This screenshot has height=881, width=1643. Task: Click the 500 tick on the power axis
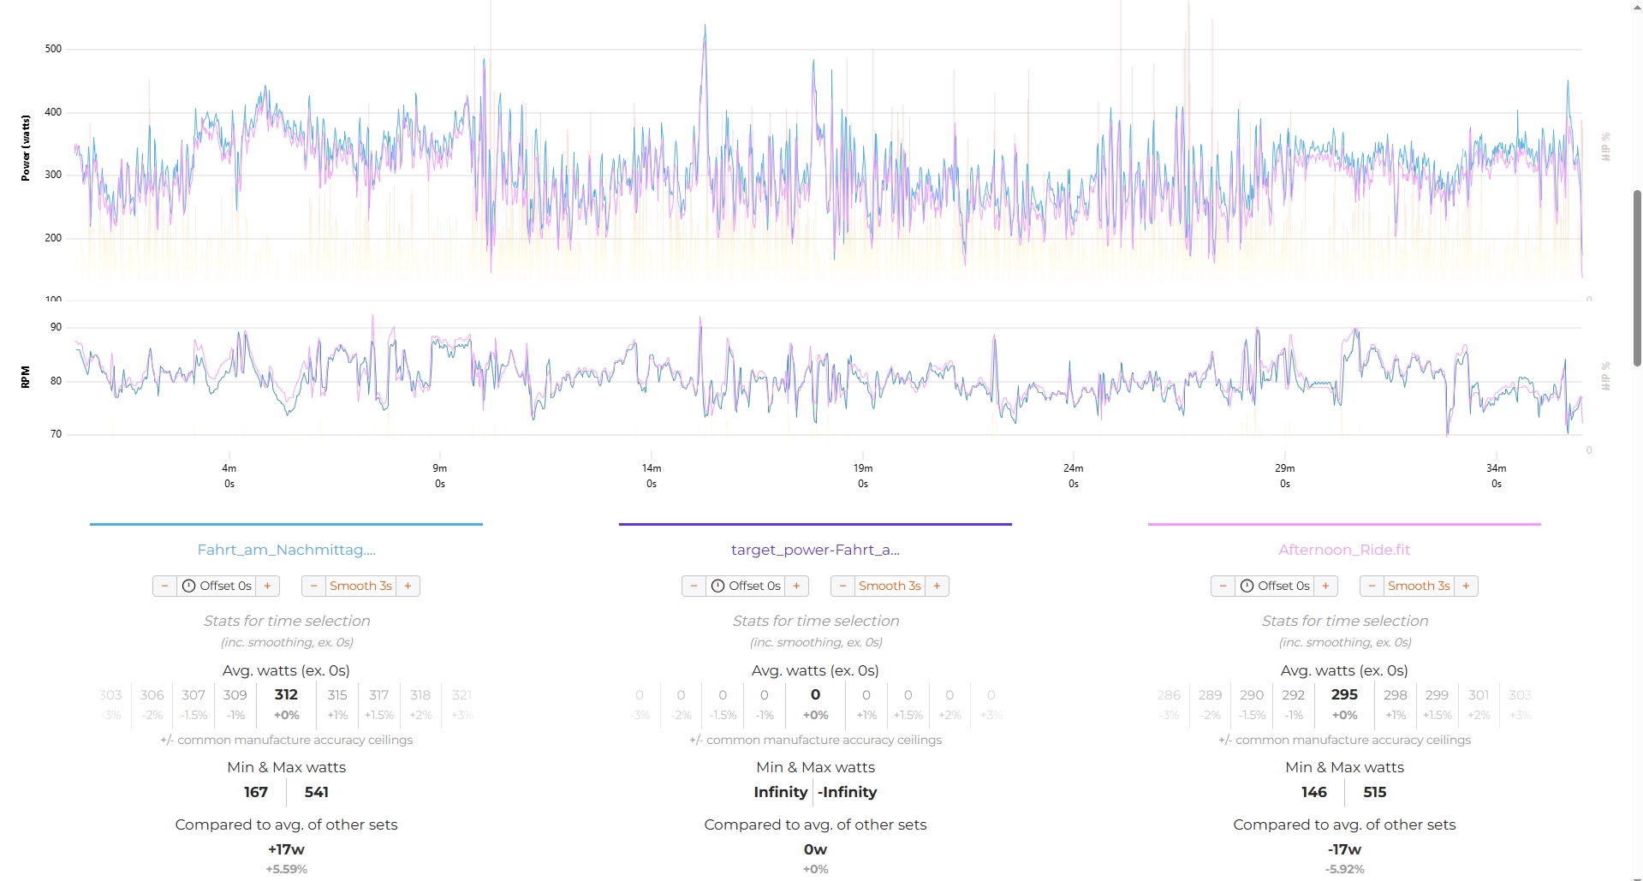point(53,49)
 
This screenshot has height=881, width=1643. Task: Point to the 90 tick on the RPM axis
point(56,327)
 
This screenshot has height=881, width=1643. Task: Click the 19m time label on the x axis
point(862,468)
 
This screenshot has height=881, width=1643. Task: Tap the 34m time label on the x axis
point(1496,468)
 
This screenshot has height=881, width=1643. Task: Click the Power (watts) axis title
point(26,148)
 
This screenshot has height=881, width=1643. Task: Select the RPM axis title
point(26,377)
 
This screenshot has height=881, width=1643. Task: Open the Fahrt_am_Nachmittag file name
point(286,550)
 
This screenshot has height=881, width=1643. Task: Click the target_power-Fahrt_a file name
point(815,550)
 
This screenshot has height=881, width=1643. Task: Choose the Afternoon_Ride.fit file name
point(1344,550)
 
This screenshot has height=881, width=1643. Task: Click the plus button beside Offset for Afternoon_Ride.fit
point(1325,586)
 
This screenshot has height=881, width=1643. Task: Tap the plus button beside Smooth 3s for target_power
point(937,586)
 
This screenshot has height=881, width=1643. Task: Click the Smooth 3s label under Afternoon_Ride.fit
point(1419,586)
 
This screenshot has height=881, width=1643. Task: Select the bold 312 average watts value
point(286,695)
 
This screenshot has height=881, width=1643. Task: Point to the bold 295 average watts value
point(1344,695)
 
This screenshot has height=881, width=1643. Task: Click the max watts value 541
point(317,792)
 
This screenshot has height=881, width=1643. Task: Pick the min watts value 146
point(1313,792)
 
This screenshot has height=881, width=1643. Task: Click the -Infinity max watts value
point(847,792)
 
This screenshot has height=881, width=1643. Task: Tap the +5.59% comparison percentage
point(286,869)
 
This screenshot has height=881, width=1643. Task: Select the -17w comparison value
point(1344,849)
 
